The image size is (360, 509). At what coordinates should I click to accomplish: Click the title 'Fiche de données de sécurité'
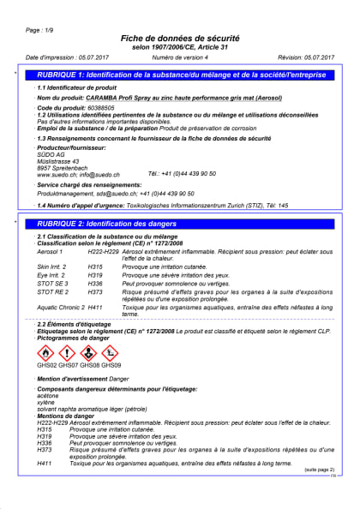[180, 39]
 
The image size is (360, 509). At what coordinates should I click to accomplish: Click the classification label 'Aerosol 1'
[51, 252]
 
